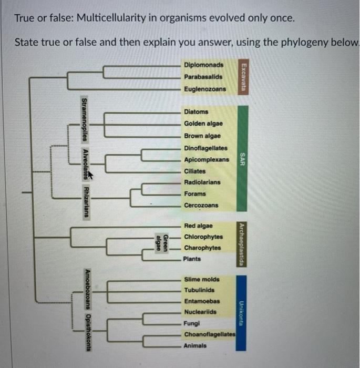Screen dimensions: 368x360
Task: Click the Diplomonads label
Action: (203, 65)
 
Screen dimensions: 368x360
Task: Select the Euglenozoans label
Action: (205, 89)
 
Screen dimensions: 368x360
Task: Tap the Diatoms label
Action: (196, 111)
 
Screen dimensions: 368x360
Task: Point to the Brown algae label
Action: (202, 136)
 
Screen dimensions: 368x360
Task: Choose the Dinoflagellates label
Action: (205, 148)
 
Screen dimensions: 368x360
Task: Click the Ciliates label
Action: (195, 171)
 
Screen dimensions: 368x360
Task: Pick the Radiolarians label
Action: (202, 182)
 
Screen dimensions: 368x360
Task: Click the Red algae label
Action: (198, 226)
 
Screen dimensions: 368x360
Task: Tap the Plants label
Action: (192, 259)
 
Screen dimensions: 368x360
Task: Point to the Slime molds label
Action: (202, 279)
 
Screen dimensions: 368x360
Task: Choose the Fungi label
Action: (191, 323)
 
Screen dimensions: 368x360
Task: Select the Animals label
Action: (195, 346)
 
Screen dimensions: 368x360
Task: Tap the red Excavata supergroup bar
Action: (242, 77)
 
